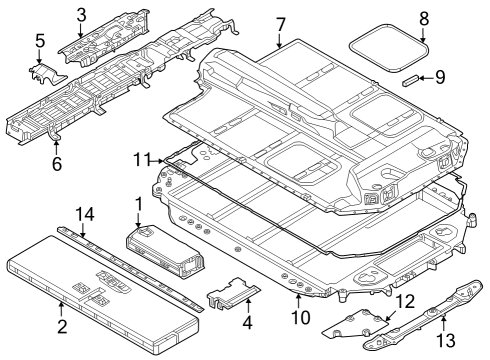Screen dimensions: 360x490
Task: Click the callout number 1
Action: (x=137, y=204)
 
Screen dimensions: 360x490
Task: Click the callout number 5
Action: (x=40, y=41)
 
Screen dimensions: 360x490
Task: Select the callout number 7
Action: (x=281, y=23)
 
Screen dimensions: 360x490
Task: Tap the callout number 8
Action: (x=423, y=17)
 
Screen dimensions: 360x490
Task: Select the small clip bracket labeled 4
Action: (x=231, y=293)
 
